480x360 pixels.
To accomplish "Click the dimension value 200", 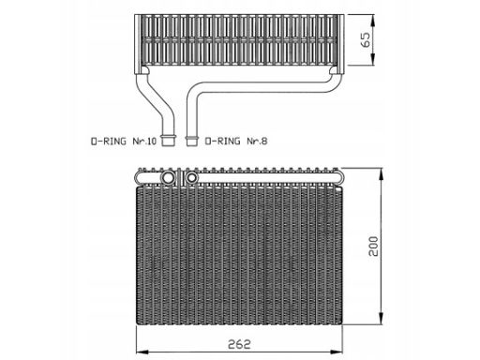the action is (372, 247).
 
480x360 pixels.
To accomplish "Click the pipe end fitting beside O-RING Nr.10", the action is (169, 142).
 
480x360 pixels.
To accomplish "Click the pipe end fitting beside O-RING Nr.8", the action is (191, 142).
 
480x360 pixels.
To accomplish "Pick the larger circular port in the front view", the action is (169, 177).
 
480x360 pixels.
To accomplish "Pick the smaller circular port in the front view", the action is (190, 177).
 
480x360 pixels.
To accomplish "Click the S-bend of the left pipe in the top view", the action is (155, 98).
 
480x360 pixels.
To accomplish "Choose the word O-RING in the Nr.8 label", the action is (222, 142).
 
